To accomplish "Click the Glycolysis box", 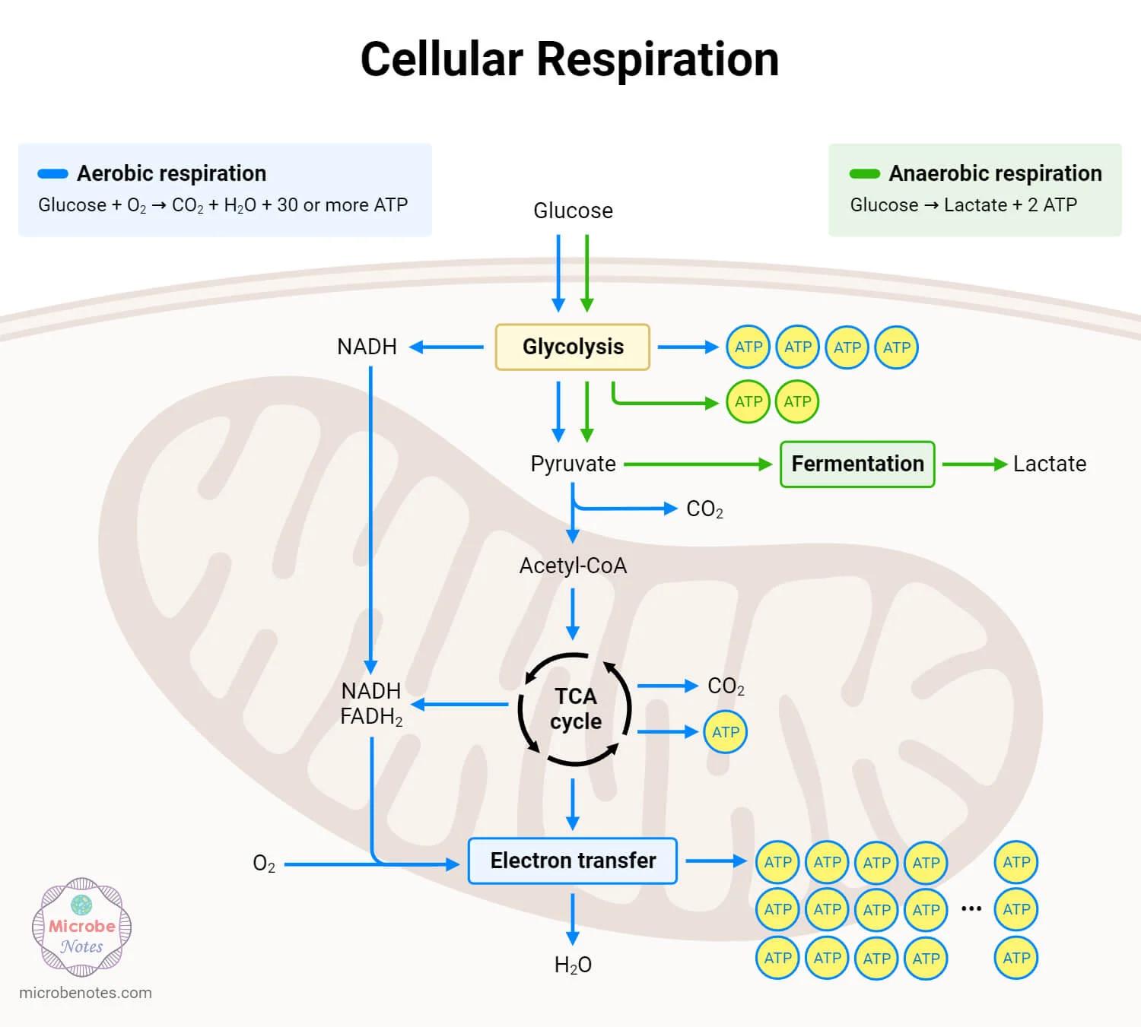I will click(x=572, y=347).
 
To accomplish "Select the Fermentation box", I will click(x=857, y=464).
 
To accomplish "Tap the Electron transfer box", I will click(x=572, y=861).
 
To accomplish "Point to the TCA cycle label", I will click(x=576, y=708).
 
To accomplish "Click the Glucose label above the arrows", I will click(x=573, y=211).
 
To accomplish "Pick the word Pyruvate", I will click(x=573, y=464).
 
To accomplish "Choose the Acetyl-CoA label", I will click(x=573, y=566).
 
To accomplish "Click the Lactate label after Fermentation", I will click(x=1049, y=464).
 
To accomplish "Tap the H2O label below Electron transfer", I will click(x=573, y=965).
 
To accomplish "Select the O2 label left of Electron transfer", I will click(x=264, y=864).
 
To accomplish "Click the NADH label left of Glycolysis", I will click(x=367, y=347).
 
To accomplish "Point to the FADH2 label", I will click(x=371, y=717).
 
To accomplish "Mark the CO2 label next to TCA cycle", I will click(x=726, y=686).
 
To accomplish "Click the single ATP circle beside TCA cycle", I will click(x=726, y=732).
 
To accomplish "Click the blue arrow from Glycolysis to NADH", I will click(x=447, y=347).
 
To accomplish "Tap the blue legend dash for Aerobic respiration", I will click(x=53, y=173).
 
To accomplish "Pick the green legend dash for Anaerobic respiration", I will click(x=865, y=173).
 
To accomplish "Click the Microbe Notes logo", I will click(x=82, y=927).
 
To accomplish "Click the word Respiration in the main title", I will click(x=657, y=59).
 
